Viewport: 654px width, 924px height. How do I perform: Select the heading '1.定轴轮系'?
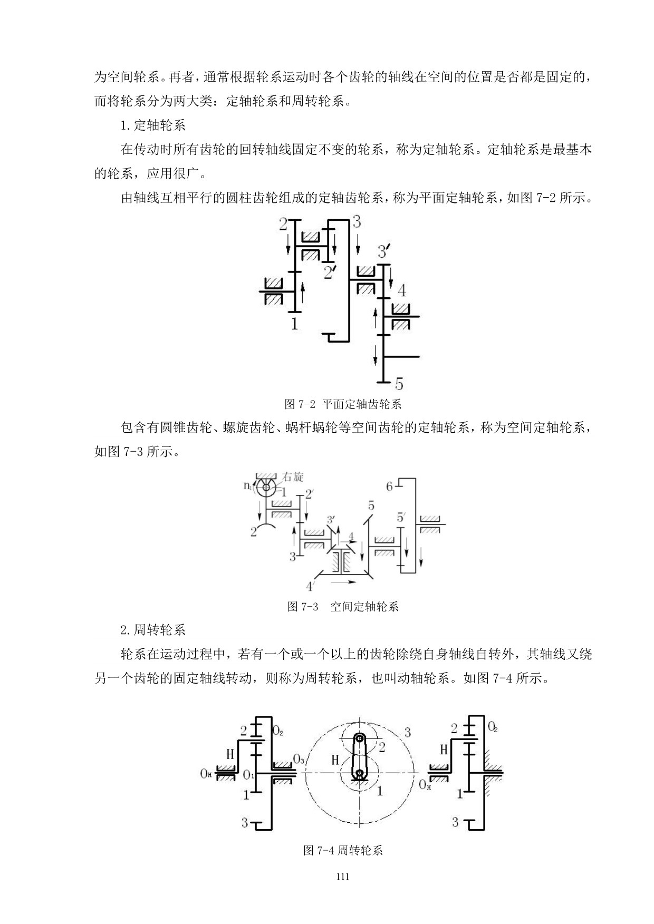pos(153,125)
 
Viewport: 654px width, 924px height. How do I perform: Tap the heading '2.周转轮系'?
pos(153,630)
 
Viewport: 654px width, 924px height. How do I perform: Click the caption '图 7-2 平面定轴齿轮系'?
pos(343,404)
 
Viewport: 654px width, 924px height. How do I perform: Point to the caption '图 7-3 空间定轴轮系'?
pos(343,606)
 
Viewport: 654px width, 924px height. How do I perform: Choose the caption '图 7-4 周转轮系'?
pos(343,850)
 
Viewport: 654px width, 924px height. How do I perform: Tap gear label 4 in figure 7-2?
pos(402,290)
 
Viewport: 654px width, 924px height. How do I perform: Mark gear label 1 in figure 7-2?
pos(294,323)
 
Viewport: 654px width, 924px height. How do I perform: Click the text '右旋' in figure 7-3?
pos(293,477)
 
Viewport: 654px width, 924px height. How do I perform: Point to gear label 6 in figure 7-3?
pos(389,487)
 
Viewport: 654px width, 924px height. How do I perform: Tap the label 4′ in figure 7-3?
pos(311,586)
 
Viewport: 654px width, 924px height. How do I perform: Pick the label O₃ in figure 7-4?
pos(299,760)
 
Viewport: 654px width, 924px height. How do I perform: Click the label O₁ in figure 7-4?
pos(248,775)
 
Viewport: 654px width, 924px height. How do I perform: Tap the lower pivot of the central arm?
pos(360,773)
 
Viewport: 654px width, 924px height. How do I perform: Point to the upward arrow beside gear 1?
pos(302,291)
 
